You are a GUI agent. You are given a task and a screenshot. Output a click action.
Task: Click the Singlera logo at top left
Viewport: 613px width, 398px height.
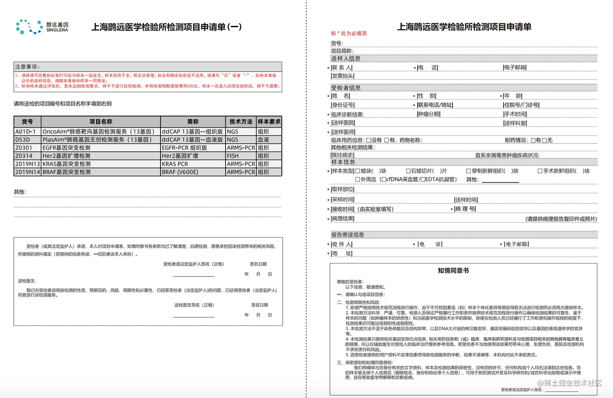(42, 27)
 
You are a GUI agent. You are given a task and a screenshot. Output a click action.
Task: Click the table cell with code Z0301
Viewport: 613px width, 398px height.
(27, 148)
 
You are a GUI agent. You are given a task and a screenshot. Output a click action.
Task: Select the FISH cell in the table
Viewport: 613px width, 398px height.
(241, 156)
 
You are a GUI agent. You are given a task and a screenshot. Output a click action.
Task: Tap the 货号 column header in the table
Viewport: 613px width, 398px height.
(27, 122)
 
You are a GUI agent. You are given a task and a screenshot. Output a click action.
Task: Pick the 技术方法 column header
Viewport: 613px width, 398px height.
(241, 122)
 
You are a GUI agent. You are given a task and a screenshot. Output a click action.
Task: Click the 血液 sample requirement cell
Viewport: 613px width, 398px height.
(268, 140)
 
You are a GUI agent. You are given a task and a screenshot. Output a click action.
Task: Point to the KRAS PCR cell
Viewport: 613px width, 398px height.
(193, 164)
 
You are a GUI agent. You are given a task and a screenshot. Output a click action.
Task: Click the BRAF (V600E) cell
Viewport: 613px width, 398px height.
(193, 172)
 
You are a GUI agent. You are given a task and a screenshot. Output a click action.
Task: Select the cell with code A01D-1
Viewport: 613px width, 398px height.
(27, 132)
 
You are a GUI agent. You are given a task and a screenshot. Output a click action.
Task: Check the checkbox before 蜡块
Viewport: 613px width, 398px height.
(358, 171)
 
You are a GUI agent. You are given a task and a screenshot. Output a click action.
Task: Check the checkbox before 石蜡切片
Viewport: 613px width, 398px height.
(408, 171)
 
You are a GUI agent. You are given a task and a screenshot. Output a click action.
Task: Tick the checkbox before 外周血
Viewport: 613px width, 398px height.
(358, 179)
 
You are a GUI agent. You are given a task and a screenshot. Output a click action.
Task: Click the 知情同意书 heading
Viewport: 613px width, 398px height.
(453, 270)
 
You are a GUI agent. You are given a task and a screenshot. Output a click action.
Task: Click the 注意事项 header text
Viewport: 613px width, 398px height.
(28, 67)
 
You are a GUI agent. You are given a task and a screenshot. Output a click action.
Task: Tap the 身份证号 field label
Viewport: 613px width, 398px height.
(343, 105)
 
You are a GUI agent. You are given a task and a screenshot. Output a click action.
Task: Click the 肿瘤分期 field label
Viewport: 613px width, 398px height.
(429, 114)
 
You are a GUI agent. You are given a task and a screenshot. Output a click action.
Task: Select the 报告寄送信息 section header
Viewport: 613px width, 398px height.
(347, 235)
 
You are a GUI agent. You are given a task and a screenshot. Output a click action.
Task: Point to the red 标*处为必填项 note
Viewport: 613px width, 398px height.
(349, 34)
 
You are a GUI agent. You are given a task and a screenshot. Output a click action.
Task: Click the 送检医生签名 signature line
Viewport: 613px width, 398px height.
(194, 316)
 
